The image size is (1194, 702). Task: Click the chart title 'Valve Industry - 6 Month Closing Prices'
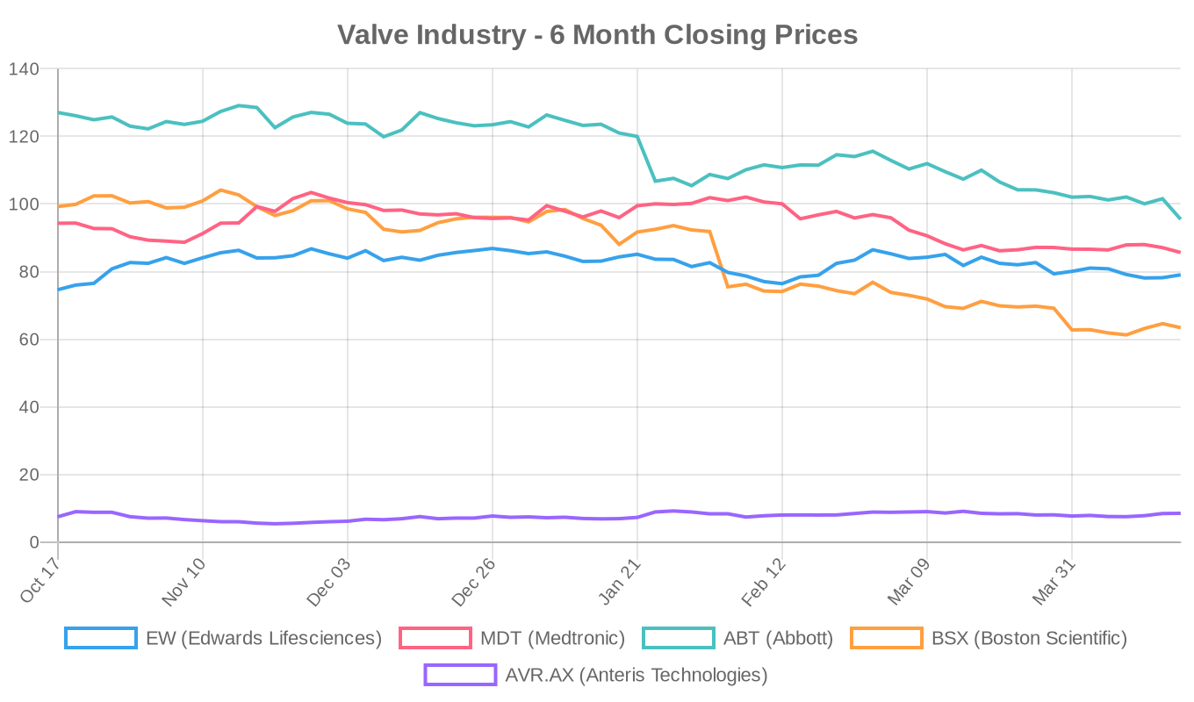click(x=597, y=34)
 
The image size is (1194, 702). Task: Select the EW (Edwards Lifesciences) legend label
click(x=263, y=638)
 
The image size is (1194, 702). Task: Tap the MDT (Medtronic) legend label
click(x=552, y=638)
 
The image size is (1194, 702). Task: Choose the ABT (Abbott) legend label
click(x=778, y=638)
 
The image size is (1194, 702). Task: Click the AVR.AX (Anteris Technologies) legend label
click(x=636, y=675)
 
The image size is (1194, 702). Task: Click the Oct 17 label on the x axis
click(x=40, y=582)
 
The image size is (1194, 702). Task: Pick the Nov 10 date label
click(x=184, y=582)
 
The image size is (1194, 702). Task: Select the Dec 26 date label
click(x=474, y=582)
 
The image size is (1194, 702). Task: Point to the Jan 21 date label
click(x=619, y=582)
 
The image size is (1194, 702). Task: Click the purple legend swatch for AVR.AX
click(x=460, y=675)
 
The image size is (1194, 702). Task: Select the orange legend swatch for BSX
click(x=887, y=638)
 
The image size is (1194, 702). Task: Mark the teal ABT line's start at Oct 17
click(x=58, y=112)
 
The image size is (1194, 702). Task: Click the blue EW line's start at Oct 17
click(x=58, y=290)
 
